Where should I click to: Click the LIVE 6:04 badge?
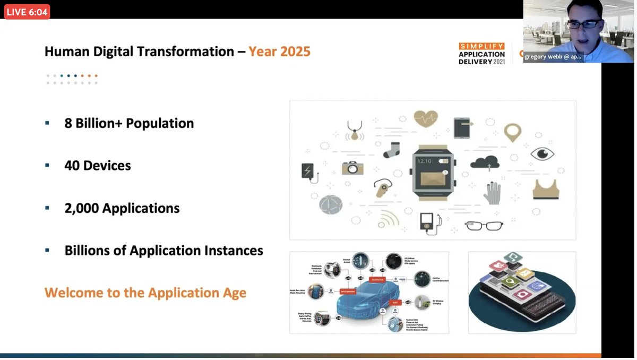click(27, 12)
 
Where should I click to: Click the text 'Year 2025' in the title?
click(279, 52)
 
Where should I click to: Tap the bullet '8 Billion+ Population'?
click(129, 123)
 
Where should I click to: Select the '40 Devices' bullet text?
click(98, 166)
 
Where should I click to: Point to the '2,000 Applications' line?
click(122, 208)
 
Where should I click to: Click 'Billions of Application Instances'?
click(163, 250)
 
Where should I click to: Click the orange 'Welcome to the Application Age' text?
click(145, 293)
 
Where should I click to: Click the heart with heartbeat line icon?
click(426, 118)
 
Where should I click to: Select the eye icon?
click(542, 154)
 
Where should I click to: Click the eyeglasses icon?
click(484, 225)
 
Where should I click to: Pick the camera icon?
click(352, 168)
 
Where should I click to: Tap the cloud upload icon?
click(484, 162)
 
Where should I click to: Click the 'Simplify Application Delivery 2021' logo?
click(481, 54)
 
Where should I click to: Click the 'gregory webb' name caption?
click(552, 56)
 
